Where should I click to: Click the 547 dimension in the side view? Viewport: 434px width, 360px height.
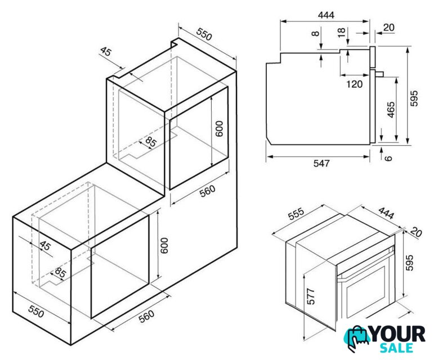pyautogui.click(x=321, y=163)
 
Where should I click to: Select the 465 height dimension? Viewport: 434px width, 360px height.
pyautogui.click(x=391, y=110)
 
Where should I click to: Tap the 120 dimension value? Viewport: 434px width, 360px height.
pyautogui.click(x=354, y=84)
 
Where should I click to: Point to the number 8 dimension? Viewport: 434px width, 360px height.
pyautogui.click(x=315, y=33)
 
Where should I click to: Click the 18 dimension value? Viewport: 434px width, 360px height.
pyautogui.click(x=342, y=33)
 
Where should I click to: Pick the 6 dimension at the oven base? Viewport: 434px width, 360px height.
pyautogui.click(x=388, y=158)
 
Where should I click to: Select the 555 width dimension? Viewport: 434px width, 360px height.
pyautogui.click(x=296, y=213)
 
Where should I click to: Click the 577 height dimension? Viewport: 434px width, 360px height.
pyautogui.click(x=311, y=296)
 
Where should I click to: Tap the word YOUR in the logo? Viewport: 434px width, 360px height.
pyautogui.click(x=398, y=334)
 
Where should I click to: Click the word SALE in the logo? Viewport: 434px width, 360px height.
pyautogui.click(x=396, y=348)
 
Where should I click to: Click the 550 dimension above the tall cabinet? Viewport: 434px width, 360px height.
pyautogui.click(x=204, y=34)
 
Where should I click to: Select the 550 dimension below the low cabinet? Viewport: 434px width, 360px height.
pyautogui.click(x=36, y=311)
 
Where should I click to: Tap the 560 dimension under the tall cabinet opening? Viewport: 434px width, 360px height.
pyautogui.click(x=207, y=191)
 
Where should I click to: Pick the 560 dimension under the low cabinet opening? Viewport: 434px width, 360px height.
pyautogui.click(x=146, y=317)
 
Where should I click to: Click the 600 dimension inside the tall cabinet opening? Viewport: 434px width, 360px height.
pyautogui.click(x=219, y=129)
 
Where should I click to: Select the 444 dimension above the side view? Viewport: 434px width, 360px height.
pyautogui.click(x=326, y=15)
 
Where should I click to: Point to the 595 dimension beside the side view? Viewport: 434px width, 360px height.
pyautogui.click(x=414, y=98)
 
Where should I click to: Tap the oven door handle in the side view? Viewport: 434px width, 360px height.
pyautogui.click(x=379, y=74)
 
